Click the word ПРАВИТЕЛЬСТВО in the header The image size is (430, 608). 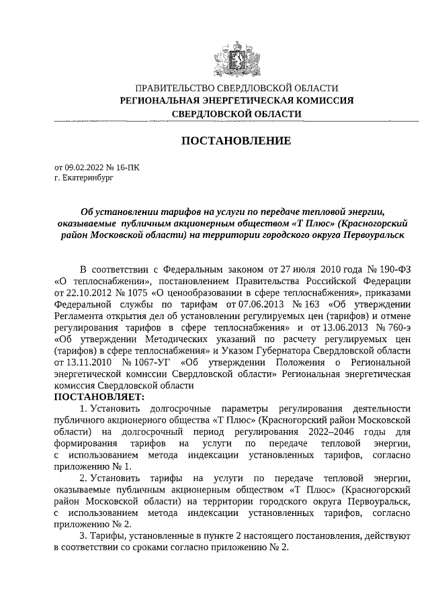(174, 88)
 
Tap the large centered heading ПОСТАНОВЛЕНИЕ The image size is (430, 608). (236, 141)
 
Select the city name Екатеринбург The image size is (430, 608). (88, 179)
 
